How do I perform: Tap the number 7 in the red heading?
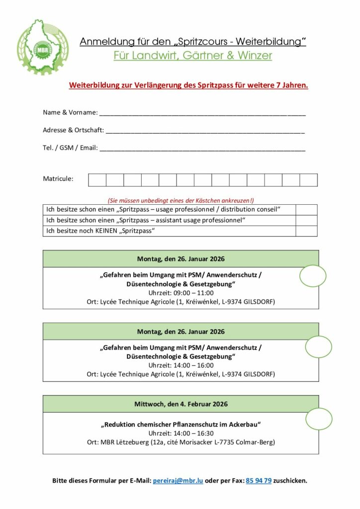tap(278, 85)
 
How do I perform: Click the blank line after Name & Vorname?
tap(202, 113)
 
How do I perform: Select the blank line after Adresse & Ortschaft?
tap(205, 131)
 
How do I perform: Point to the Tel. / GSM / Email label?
tap(70, 148)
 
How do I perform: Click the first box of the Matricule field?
tap(97, 180)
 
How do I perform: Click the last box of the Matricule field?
tap(308, 180)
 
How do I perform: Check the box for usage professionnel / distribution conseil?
tap(306, 209)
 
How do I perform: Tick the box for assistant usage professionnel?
tap(306, 220)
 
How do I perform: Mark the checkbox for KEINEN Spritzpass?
tap(306, 231)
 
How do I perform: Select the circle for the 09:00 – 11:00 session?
tap(313, 276)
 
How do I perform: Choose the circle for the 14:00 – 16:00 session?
tap(318, 347)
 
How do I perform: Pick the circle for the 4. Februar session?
tap(319, 419)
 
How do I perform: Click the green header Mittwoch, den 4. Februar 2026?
tap(181, 404)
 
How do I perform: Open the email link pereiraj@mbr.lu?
tap(178, 481)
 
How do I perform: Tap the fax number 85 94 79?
tap(259, 481)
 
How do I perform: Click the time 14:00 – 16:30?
tap(181, 433)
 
